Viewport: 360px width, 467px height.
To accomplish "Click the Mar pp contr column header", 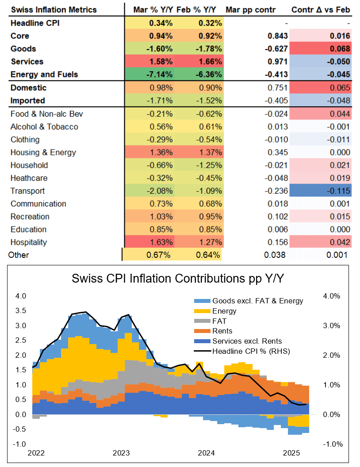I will pyautogui.click(x=251, y=9).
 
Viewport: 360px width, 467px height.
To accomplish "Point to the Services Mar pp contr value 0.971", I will pyautogui.click(x=278, y=61).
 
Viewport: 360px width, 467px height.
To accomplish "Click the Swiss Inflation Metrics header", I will pyautogui.click(x=54, y=9).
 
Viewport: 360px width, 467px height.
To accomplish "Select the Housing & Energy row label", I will pyautogui.click(x=43, y=153).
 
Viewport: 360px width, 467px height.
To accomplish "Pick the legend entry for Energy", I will pyautogui.click(x=224, y=311).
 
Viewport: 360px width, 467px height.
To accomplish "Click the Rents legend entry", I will pyautogui.click(x=222, y=331).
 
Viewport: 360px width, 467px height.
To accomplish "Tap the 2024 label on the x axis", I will pyautogui.click(x=206, y=453).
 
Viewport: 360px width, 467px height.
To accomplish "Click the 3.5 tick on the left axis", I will pyautogui.click(x=21, y=311).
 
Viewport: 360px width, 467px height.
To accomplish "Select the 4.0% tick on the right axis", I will pyautogui.click(x=331, y=296).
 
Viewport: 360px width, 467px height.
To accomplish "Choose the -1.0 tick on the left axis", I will pyautogui.click(x=20, y=444).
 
